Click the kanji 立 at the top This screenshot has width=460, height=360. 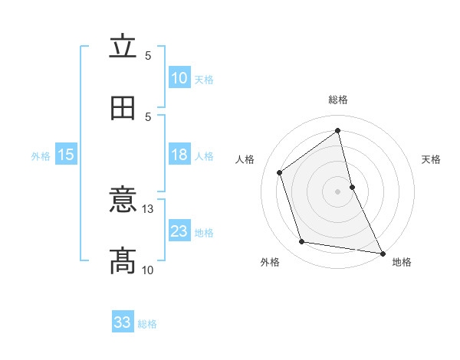(x=123, y=47)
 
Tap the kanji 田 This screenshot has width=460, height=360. (x=123, y=108)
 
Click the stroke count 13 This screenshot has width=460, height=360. (x=148, y=208)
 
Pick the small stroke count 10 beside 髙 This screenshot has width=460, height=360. (x=148, y=270)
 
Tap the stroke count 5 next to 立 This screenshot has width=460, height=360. (x=148, y=55)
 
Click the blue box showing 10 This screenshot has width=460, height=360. (x=179, y=77)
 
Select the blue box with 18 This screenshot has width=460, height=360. (x=179, y=155)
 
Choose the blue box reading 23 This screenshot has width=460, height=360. (x=179, y=231)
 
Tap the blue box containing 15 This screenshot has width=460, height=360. (x=66, y=155)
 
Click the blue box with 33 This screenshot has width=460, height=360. (x=123, y=322)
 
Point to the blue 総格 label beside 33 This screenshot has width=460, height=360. (x=147, y=324)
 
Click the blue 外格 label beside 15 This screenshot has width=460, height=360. (x=41, y=155)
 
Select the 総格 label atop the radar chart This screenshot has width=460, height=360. (x=338, y=100)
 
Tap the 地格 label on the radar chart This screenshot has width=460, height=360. (x=402, y=262)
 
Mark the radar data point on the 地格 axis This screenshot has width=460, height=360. (x=382, y=253)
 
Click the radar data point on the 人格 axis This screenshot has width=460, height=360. (x=280, y=172)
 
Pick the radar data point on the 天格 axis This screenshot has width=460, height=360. (x=352, y=186)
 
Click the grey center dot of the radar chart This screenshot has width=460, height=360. (x=338, y=191)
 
